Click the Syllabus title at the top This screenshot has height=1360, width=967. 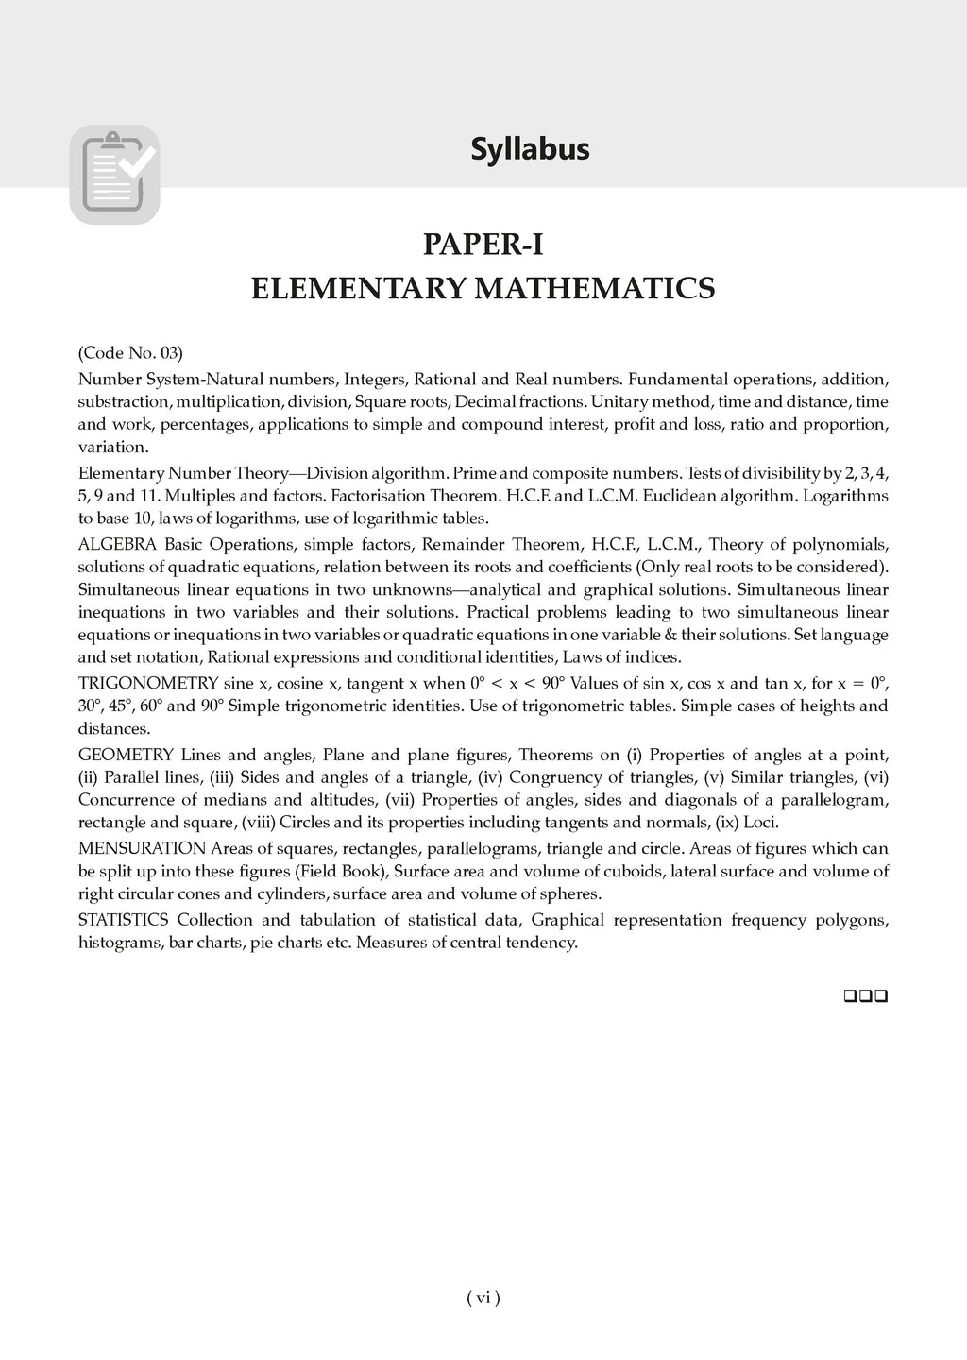pyautogui.click(x=530, y=149)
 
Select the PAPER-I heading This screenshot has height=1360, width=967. pyautogui.click(x=483, y=245)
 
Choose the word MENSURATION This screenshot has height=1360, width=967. pyautogui.click(x=142, y=848)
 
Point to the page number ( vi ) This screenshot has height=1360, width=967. pyautogui.click(x=483, y=1298)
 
